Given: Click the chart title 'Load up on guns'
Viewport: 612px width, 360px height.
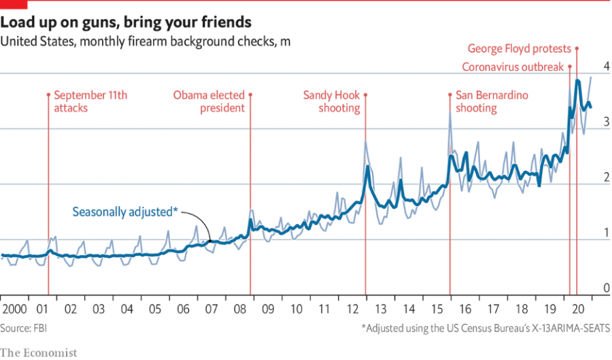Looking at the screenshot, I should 126,22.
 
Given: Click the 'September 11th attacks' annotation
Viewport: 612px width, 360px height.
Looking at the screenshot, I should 90,101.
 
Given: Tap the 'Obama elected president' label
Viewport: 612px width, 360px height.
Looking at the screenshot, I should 209,101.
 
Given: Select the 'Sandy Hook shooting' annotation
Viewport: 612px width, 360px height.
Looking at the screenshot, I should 331,101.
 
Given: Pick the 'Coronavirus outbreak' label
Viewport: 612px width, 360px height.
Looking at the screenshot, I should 513,67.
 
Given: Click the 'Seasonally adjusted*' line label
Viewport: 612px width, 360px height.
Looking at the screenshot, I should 125,212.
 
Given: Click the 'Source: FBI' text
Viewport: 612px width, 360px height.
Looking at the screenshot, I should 24,328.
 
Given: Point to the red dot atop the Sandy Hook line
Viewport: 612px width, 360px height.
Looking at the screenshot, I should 367,95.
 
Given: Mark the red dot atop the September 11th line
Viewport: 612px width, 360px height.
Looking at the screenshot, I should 48,95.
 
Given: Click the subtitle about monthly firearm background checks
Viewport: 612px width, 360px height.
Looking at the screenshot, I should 146,42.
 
